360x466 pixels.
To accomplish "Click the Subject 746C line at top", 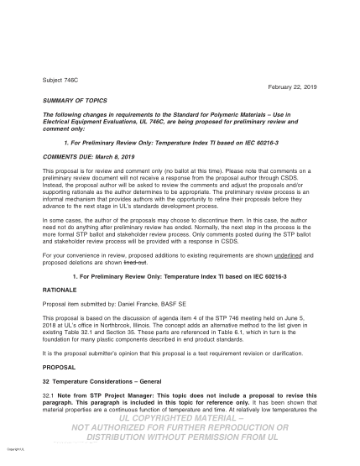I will point(58,81).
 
